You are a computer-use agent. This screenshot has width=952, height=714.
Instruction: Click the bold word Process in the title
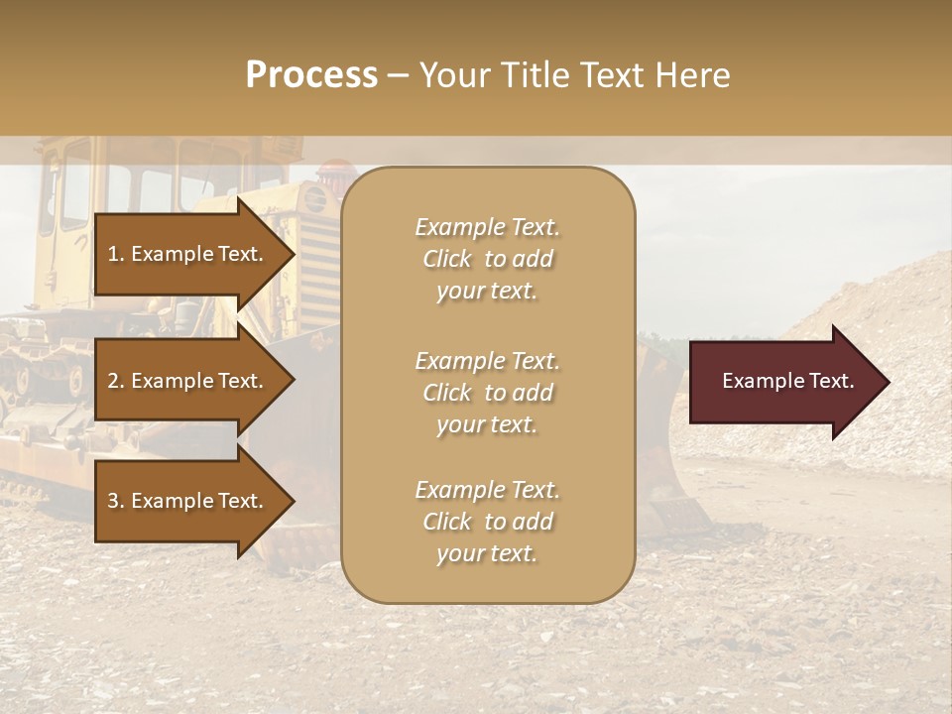[x=311, y=75]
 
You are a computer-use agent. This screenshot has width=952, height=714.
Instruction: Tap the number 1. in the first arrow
[x=115, y=254]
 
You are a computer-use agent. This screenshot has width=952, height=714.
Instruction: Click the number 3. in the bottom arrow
[x=115, y=501]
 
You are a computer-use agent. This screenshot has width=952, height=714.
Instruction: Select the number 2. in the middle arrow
[x=115, y=381]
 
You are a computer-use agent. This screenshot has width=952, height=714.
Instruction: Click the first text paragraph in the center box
[x=487, y=259]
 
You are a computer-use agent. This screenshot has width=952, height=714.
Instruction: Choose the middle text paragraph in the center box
[x=487, y=393]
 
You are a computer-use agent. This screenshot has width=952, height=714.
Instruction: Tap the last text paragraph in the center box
[x=487, y=522]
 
